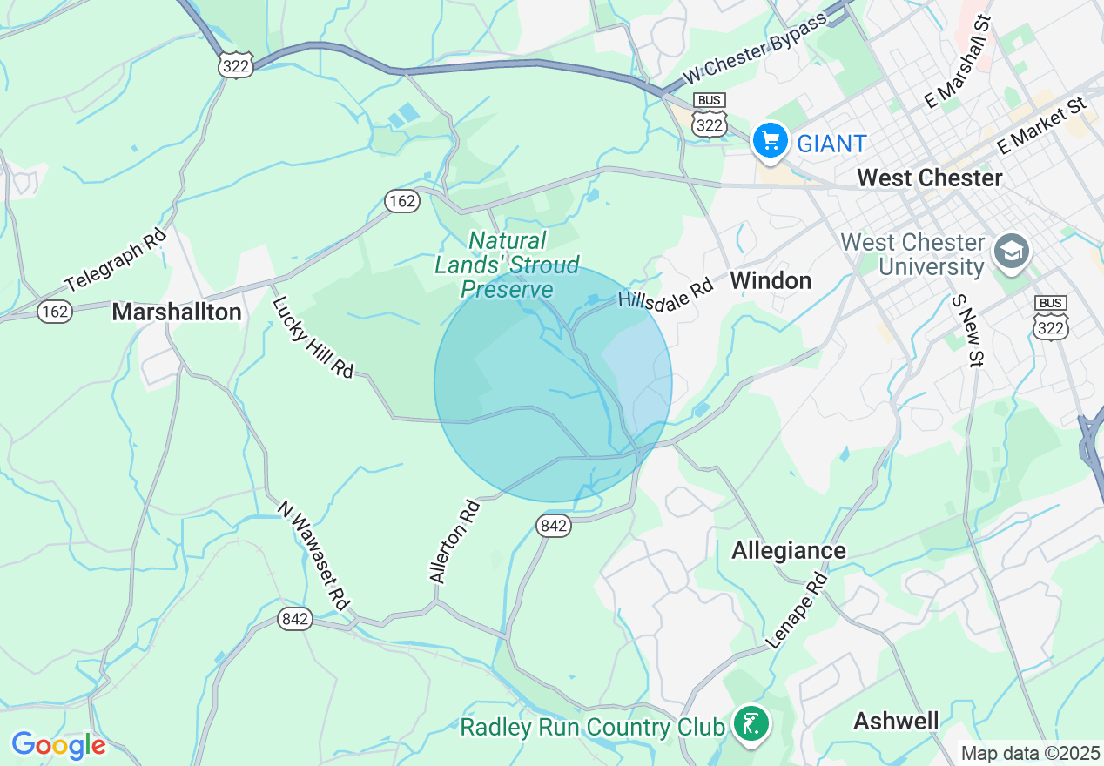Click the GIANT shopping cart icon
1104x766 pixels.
pyautogui.click(x=770, y=139)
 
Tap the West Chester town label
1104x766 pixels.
pyautogui.click(x=930, y=178)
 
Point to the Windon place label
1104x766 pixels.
pyautogui.click(x=771, y=280)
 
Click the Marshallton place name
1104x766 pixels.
pyautogui.click(x=177, y=312)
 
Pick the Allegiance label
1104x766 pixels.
pyautogui.click(x=789, y=550)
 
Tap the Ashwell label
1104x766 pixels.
pyautogui.click(x=896, y=721)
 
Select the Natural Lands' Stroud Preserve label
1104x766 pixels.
pyautogui.click(x=507, y=265)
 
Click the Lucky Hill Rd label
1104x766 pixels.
pyautogui.click(x=313, y=338)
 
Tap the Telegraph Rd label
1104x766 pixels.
pyautogui.click(x=115, y=259)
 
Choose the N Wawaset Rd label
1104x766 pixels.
pyautogui.click(x=314, y=554)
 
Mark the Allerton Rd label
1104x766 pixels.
pyautogui.click(x=454, y=541)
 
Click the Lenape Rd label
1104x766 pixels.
pyautogui.click(x=797, y=610)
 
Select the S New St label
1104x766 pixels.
pyautogui.click(x=967, y=330)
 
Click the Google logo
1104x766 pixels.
pyautogui.click(x=58, y=745)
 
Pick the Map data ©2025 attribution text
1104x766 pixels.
pyautogui.click(x=1030, y=752)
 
